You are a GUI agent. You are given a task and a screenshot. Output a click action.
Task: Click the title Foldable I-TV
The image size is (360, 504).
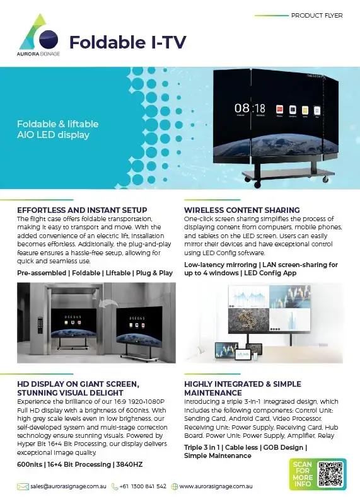[127, 42]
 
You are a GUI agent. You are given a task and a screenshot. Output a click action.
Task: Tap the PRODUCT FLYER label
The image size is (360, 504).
[317, 15]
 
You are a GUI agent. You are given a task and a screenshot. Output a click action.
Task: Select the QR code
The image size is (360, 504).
[329, 474]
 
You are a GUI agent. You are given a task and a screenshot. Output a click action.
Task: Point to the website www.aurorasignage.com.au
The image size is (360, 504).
[216, 486]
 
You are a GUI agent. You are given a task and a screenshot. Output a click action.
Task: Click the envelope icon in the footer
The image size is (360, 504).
[23, 486]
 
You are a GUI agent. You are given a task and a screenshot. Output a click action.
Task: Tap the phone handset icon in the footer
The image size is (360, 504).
[115, 486]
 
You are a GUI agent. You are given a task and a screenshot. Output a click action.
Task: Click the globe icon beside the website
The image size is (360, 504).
[174, 486]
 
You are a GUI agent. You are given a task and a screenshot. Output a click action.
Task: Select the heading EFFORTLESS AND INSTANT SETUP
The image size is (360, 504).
[82, 210]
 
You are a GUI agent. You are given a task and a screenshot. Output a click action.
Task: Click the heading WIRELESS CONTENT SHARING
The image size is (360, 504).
[241, 210]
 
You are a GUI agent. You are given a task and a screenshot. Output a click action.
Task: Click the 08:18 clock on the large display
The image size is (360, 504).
[250, 108]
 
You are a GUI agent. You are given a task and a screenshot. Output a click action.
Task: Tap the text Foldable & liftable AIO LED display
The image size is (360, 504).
[57, 130]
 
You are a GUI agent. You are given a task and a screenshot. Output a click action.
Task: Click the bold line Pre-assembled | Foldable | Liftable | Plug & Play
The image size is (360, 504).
[95, 273]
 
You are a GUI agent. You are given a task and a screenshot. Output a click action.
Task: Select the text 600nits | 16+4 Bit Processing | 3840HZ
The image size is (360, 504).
[79, 464]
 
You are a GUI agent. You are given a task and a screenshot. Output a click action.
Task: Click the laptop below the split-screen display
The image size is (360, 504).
[226, 350]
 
